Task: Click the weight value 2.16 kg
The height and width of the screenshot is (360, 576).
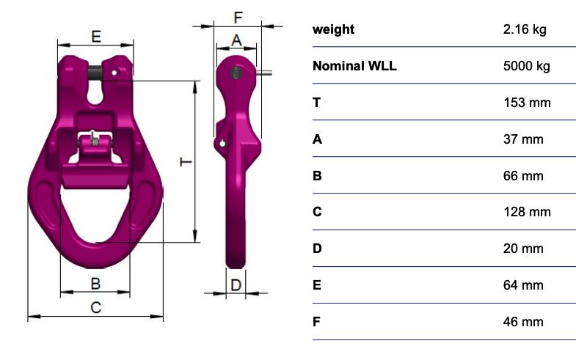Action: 525,29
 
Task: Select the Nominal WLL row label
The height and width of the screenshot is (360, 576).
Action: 354,66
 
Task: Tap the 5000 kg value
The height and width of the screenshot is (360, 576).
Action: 526,66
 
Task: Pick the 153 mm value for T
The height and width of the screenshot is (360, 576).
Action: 527,103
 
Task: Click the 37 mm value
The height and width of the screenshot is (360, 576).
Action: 523,139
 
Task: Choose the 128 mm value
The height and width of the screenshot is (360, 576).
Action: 527,212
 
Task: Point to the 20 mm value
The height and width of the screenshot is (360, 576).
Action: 523,249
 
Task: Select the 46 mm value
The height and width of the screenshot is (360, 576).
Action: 523,322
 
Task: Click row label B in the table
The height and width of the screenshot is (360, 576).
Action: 317,176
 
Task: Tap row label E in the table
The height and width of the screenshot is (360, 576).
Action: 317,285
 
